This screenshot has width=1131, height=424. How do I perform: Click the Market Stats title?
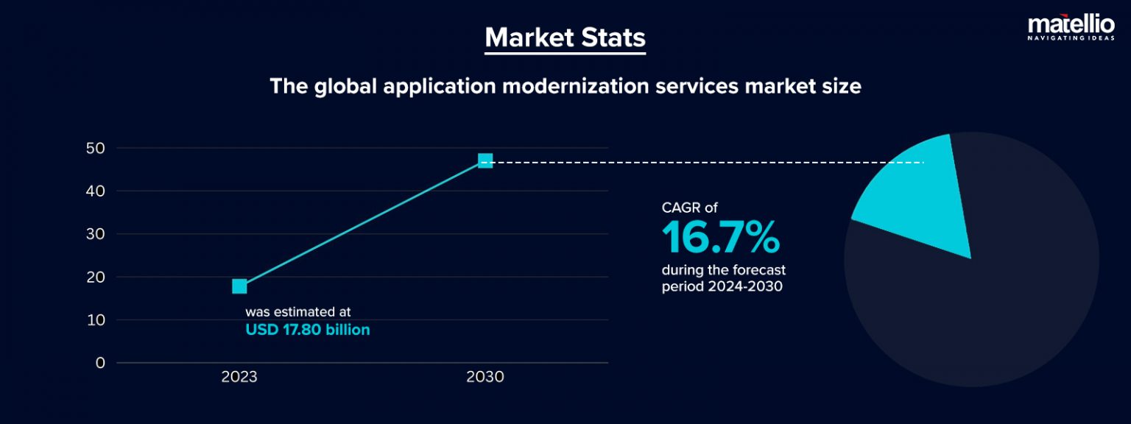click(x=565, y=38)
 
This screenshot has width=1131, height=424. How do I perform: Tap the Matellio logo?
click(x=1071, y=27)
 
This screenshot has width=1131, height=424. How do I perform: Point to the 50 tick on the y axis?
click(x=95, y=148)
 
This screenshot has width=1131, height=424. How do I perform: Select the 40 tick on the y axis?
click(x=95, y=191)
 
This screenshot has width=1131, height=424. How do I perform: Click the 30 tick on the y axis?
click(x=95, y=234)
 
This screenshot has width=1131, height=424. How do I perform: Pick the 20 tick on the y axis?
click(x=95, y=278)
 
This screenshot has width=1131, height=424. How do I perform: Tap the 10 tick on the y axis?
click(x=95, y=320)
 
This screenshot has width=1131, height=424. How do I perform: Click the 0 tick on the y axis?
click(x=99, y=363)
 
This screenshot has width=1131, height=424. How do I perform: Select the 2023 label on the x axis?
click(x=239, y=378)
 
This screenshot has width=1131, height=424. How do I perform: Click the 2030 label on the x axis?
click(x=485, y=378)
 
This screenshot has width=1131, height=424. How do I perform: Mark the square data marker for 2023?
click(x=239, y=286)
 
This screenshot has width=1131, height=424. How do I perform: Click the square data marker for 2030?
click(x=485, y=160)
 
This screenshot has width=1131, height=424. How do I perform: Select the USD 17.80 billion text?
click(x=307, y=331)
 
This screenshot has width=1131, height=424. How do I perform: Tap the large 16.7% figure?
click(x=720, y=238)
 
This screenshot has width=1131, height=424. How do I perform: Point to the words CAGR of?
click(x=689, y=208)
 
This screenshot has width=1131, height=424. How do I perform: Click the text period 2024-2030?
click(x=722, y=287)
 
